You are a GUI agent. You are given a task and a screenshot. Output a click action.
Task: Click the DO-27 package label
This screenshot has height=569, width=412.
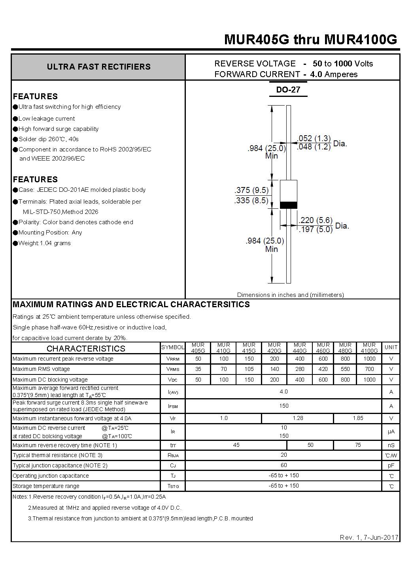[288, 90]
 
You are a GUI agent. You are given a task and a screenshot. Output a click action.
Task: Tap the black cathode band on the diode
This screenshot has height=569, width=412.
[289, 205]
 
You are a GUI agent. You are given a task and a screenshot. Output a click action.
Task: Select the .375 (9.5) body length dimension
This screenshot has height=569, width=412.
[251, 190]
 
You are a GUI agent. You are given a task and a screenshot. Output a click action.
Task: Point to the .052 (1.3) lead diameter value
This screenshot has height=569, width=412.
[314, 138]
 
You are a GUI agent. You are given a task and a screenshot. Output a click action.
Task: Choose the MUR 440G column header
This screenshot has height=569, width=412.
[300, 348]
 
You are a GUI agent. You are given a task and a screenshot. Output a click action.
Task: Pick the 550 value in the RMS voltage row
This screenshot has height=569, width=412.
[345, 369]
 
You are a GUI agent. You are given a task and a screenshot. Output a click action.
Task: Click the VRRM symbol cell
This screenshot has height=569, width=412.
[172, 359]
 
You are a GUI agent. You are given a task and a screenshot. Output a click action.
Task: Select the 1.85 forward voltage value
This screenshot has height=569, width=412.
[358, 418]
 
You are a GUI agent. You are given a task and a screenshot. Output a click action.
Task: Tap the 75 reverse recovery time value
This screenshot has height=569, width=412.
[358, 445]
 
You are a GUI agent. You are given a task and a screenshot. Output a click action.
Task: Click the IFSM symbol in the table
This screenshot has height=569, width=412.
[172, 406]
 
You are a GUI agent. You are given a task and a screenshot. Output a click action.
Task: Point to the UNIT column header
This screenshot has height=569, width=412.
[391, 347]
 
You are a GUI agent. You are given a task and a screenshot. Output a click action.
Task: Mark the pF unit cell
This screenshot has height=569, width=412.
[391, 466]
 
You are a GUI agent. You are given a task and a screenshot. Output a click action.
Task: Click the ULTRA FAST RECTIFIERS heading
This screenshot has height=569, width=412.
[98, 67]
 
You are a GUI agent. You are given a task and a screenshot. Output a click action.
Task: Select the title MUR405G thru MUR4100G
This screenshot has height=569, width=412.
[310, 40]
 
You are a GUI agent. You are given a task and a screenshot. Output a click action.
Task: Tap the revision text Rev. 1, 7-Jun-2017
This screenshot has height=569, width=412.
[369, 537]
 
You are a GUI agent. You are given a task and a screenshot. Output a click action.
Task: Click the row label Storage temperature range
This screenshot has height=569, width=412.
[46, 486]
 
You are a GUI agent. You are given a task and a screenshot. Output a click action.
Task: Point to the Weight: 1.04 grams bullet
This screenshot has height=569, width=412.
[44, 243]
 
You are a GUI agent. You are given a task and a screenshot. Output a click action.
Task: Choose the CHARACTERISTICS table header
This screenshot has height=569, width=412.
[86, 348]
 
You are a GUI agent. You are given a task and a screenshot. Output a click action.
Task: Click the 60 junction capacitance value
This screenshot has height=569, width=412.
[283, 465]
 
